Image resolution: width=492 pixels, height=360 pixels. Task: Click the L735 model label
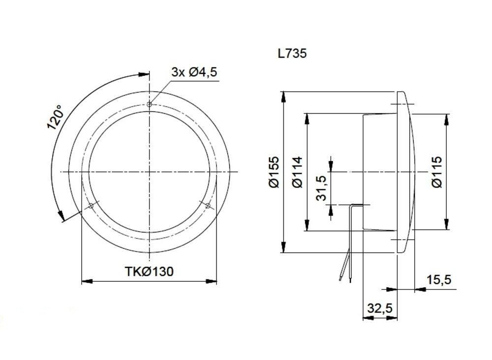(292, 53)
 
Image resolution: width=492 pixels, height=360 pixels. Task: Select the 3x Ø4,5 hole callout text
(194, 72)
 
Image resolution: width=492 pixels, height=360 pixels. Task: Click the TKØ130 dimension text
(149, 271)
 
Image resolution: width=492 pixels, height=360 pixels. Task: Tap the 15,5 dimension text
(438, 280)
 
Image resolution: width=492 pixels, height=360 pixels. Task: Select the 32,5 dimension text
(379, 308)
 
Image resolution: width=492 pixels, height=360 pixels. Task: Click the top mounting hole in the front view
(149, 104)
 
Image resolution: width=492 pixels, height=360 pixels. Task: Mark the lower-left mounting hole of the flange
(91, 205)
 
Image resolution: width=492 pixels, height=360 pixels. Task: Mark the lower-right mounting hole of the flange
(208, 205)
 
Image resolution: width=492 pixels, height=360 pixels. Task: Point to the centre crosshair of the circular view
(149, 172)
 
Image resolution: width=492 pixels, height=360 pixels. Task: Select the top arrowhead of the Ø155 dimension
(284, 96)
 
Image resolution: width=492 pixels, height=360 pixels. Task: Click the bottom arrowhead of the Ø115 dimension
(447, 226)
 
